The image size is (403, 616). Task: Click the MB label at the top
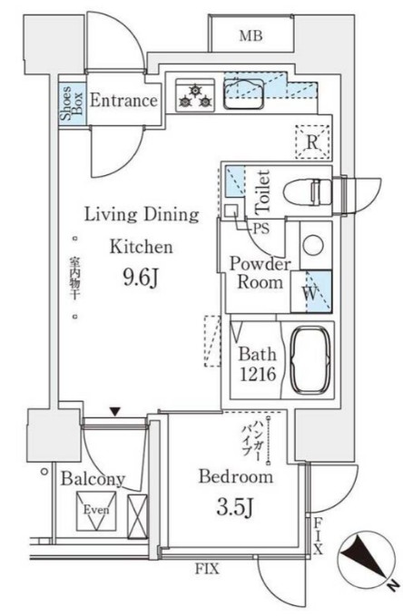tap(251, 36)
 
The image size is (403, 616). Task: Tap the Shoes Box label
tap(72, 103)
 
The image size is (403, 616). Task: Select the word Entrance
tap(123, 101)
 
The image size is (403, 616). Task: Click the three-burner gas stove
tap(195, 95)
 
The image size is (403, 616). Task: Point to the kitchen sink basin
tap(243, 93)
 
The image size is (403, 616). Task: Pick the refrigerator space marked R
tap(312, 142)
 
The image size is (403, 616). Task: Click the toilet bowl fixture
tap(308, 192)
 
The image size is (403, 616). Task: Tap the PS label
tap(261, 229)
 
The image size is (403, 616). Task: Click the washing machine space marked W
tap(311, 292)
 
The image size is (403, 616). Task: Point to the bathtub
tap(310, 360)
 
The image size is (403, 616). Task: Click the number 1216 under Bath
tap(258, 375)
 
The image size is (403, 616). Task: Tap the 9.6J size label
tap(141, 279)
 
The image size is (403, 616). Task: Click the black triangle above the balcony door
tap(114, 412)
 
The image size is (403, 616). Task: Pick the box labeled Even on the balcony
tap(96, 511)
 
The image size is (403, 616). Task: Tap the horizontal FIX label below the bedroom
tap(207, 569)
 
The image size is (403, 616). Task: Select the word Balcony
tap(93, 479)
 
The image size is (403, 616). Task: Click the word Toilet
tap(262, 191)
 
